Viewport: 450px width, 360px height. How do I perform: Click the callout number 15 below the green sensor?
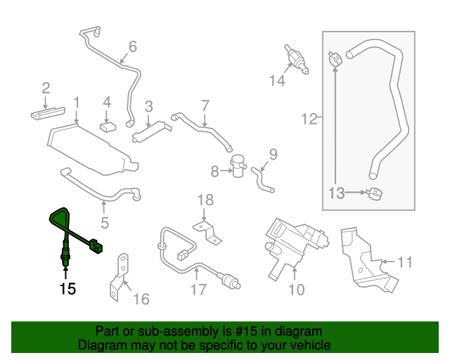pos(67,288)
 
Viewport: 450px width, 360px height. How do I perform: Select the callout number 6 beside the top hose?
pos(131,48)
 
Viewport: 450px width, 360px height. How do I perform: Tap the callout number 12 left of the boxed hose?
pos(309,119)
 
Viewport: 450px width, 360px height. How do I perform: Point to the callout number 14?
pos(276,81)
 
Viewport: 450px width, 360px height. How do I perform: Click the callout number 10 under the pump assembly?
pos(297,289)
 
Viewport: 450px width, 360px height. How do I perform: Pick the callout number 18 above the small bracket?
pos(204,200)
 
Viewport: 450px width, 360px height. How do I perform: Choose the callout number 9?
pos(273,153)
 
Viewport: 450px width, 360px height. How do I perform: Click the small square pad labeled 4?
pos(108,127)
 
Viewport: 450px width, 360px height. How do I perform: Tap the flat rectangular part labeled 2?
pos(48,113)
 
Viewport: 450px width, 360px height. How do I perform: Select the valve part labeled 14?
pos(295,58)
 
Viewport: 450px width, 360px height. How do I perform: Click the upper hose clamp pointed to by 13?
pos(335,58)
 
